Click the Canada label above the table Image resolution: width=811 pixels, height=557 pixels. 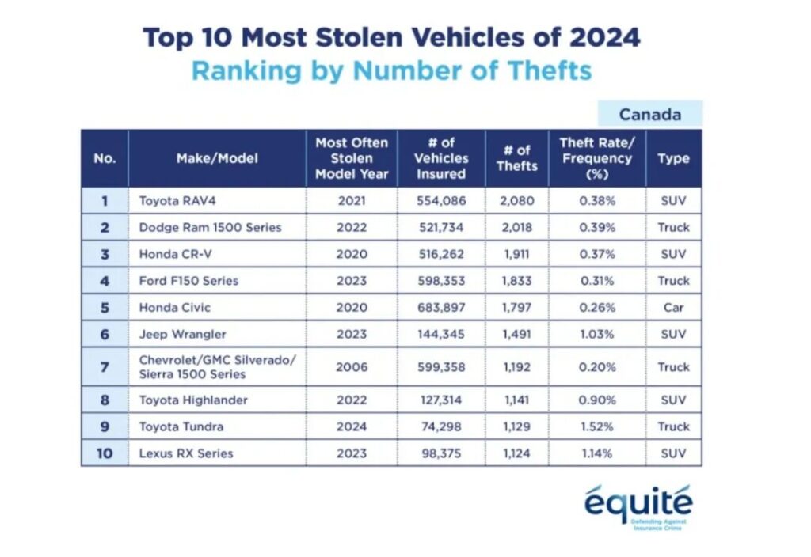point(649,114)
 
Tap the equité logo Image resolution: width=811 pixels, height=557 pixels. point(638,507)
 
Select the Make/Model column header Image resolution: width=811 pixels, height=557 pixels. point(217,158)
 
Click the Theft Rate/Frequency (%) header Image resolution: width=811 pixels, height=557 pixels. point(597,158)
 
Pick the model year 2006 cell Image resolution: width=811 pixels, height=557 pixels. point(352,367)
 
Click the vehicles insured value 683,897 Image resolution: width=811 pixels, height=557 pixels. point(441,308)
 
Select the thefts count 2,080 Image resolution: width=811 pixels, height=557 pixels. point(516,200)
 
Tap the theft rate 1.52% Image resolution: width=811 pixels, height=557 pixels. point(597,426)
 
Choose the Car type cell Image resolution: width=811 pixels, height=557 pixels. point(673,308)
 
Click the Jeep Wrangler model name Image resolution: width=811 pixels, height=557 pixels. point(183,335)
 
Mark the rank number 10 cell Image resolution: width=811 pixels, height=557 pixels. point(105,453)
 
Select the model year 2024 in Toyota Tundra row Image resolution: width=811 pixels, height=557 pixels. point(352,426)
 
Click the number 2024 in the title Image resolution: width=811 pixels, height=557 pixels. point(604,37)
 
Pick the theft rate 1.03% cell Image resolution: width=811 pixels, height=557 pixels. point(597,335)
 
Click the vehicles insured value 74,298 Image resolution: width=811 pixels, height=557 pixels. point(441,426)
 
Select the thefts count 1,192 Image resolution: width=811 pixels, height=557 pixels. point(516,367)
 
